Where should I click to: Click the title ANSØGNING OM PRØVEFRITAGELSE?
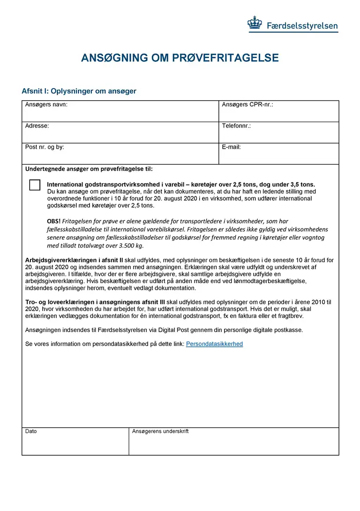pyautogui.click(x=180, y=58)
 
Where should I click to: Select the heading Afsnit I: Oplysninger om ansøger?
pyautogui.click(x=79, y=91)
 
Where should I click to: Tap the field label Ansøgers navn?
pyautogui.click(x=46, y=105)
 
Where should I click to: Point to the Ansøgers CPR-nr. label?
pyautogui.click(x=247, y=105)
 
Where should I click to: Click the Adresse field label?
pyautogui.click(x=37, y=126)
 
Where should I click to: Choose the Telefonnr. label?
pyautogui.click(x=236, y=126)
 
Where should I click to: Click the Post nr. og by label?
pyautogui.click(x=45, y=147)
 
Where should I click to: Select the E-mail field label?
pyautogui.click(x=231, y=147)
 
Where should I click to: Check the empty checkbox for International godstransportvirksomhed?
pyautogui.click(x=35, y=185)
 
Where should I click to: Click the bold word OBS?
pyautogui.click(x=53, y=221)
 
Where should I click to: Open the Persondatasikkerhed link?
pyautogui.click(x=214, y=344)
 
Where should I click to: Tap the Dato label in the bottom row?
pyautogui.click(x=31, y=431)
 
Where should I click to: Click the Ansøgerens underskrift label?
pyautogui.click(x=160, y=431)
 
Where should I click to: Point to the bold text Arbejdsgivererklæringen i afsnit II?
pyautogui.click(x=74, y=260)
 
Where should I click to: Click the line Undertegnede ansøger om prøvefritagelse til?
pyautogui.click(x=89, y=169)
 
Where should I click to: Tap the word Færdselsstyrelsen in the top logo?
pyautogui.click(x=302, y=26)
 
